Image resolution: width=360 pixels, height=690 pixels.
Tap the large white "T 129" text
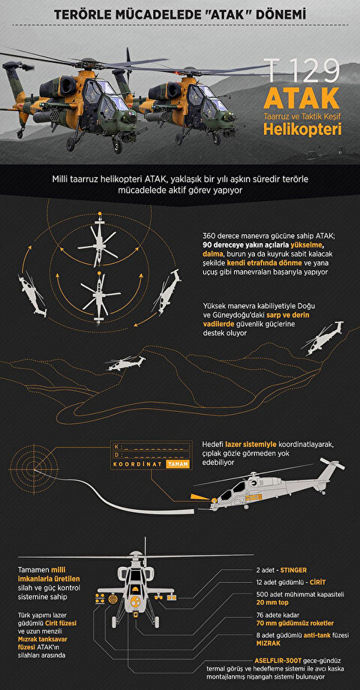(x=303, y=71)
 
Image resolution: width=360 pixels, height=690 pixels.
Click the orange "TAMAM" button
(x=178, y=464)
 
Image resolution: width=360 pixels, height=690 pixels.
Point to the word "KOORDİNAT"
(x=138, y=464)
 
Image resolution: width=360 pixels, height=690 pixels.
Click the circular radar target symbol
(x=34, y=469)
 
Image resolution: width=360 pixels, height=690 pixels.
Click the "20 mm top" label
(x=273, y=602)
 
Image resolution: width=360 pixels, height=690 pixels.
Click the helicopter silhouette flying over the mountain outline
(x=126, y=363)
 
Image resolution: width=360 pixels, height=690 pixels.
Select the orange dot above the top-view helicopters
(x=100, y=214)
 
